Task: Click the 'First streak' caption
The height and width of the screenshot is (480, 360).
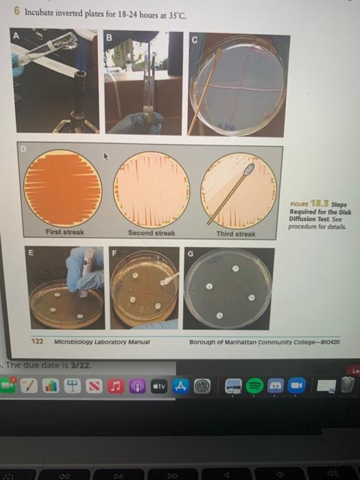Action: pyautogui.click(x=64, y=232)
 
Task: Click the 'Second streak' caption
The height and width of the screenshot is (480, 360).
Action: pyautogui.click(x=151, y=233)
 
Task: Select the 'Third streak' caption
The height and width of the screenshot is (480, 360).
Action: pyautogui.click(x=236, y=234)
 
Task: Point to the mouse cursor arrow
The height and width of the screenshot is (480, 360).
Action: pyautogui.click(x=106, y=157)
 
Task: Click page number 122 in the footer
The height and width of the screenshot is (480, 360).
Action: pyautogui.click(x=39, y=341)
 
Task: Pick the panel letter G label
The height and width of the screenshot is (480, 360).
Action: pyautogui.click(x=192, y=254)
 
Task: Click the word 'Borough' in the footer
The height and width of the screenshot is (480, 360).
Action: pyautogui.click(x=203, y=341)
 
